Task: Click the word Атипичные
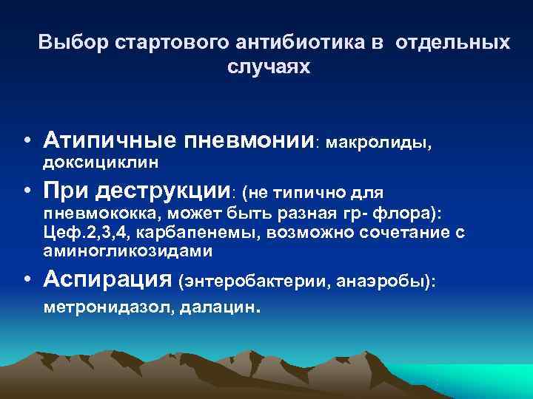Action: click(x=110, y=139)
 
